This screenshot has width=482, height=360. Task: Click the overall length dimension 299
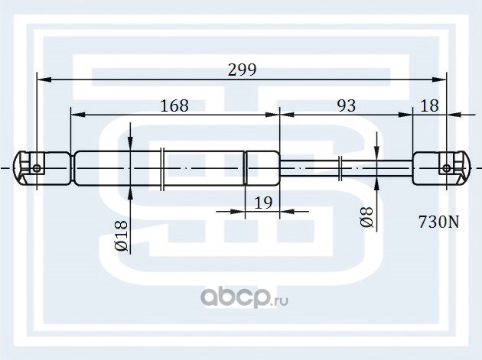pos(242,68)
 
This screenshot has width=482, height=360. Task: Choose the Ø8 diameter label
pos(366,218)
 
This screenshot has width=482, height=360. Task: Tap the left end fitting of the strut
pos(33,167)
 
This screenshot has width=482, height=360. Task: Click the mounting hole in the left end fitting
pos(37,167)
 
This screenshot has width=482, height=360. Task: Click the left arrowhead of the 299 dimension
pos(43,78)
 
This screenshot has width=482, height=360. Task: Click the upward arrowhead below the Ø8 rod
pos(377,183)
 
